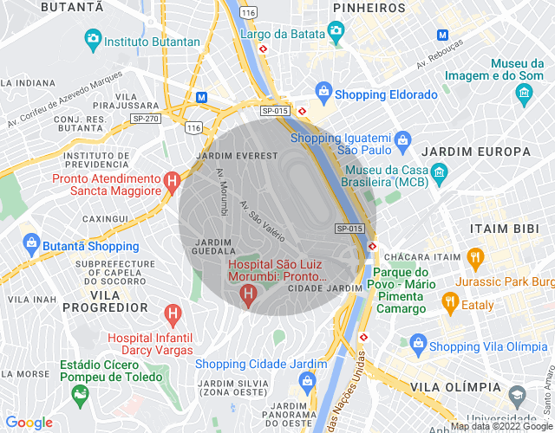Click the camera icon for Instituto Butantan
(93, 39)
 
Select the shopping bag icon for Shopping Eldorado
(323, 90)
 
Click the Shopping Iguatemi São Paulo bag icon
(402, 139)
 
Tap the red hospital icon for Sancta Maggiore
(173, 182)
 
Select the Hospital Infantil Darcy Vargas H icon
(173, 312)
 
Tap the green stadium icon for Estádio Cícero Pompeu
(81, 396)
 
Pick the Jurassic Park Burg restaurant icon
(474, 257)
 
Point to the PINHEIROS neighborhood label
(369, 8)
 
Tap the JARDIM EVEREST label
(238, 155)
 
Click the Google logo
(29, 423)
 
